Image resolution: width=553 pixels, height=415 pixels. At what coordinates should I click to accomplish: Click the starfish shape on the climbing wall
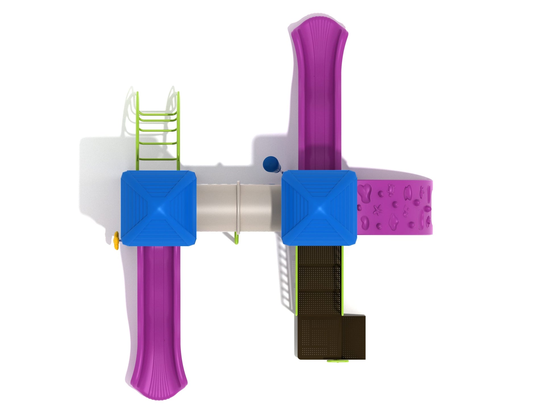coord(377,210)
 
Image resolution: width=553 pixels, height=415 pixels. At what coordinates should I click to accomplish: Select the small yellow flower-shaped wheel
coord(116,240)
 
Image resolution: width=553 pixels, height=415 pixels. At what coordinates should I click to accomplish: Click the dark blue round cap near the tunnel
coord(269,163)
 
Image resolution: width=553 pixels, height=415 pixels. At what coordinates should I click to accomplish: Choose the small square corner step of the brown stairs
coord(353,338)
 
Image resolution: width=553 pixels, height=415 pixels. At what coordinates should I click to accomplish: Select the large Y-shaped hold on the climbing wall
coord(365,193)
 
